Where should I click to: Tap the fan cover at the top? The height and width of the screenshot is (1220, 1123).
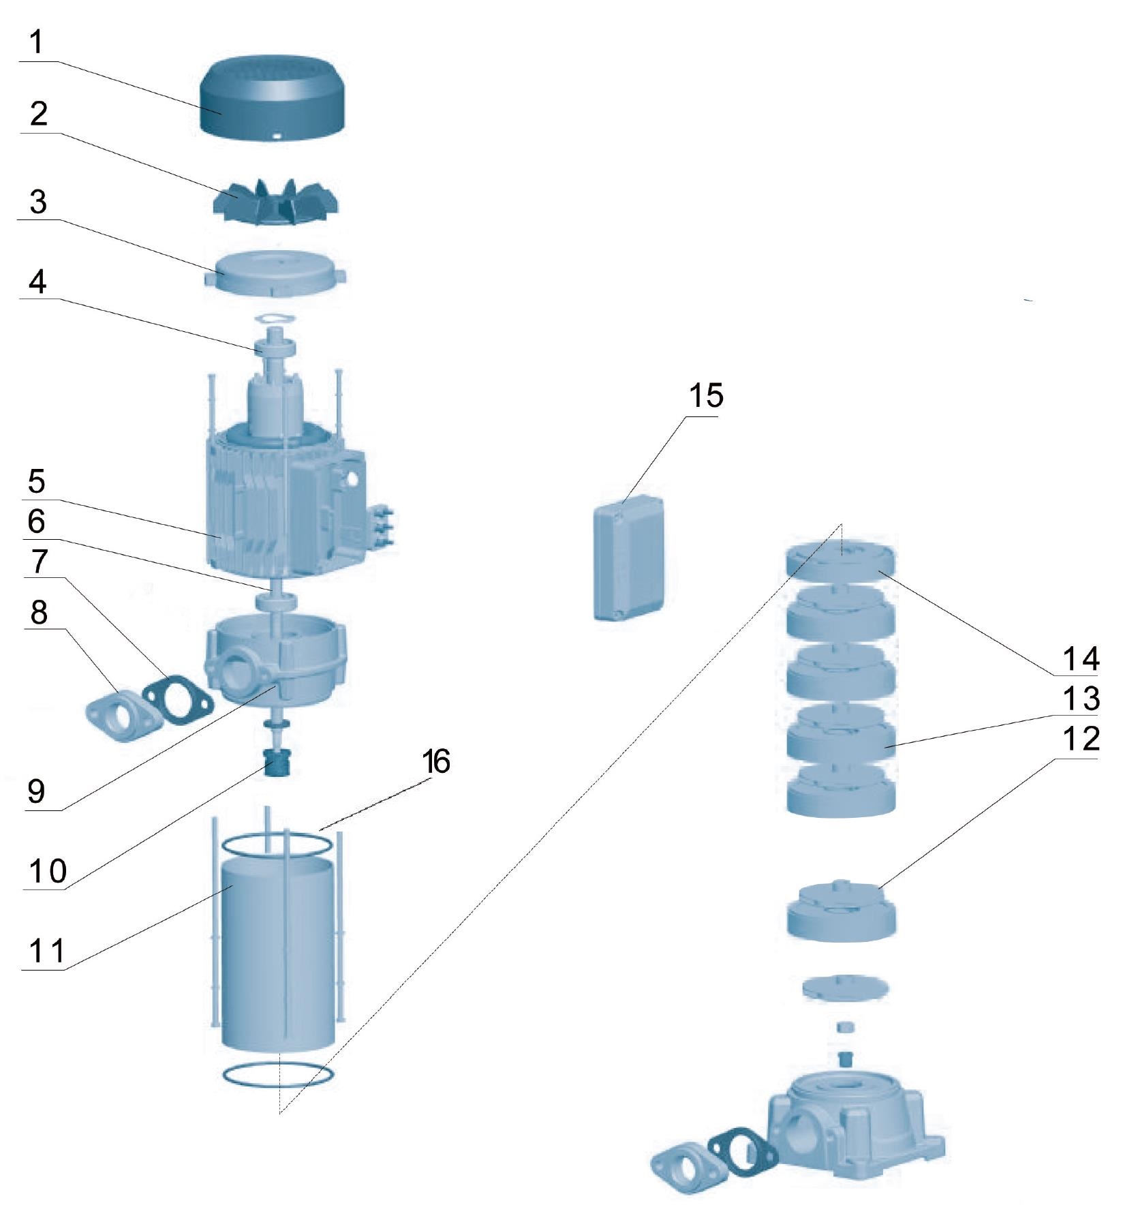(x=272, y=99)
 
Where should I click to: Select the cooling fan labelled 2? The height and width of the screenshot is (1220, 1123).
(x=277, y=202)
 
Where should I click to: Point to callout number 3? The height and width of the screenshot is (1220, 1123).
(x=38, y=202)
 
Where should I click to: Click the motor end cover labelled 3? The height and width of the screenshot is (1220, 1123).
(x=273, y=273)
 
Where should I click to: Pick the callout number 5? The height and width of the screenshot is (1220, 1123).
(x=37, y=481)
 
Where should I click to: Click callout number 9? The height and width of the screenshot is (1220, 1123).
(x=36, y=791)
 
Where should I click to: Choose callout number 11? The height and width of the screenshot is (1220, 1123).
(x=46, y=950)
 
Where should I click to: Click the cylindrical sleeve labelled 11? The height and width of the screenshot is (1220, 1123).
(x=277, y=954)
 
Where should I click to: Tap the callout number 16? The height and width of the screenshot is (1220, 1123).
(x=436, y=761)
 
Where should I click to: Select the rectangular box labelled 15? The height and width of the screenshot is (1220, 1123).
(x=628, y=559)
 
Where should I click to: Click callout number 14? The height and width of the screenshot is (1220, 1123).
(x=1081, y=658)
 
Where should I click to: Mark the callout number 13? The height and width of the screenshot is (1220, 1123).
(x=1081, y=699)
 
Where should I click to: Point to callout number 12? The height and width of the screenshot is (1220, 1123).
(x=1081, y=739)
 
